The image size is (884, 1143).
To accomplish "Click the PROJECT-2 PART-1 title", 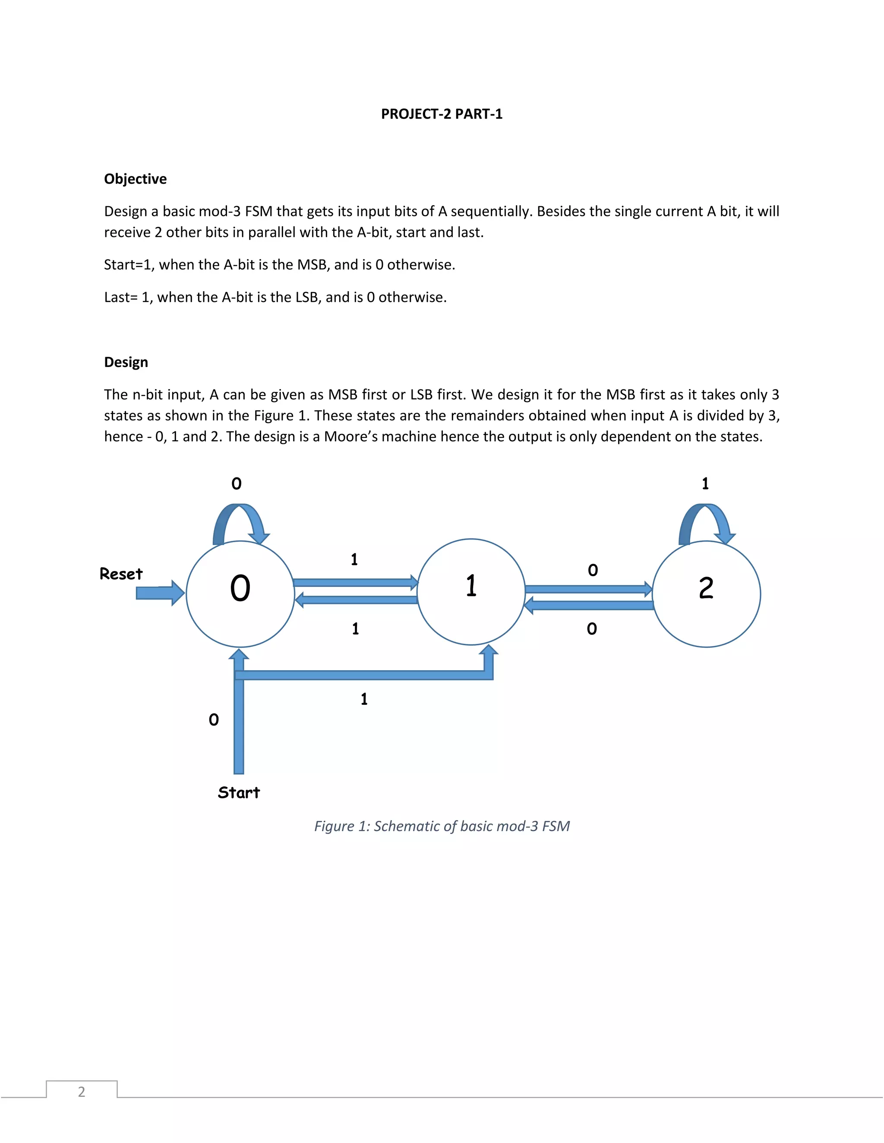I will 442,114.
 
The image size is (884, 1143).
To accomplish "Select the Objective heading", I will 135,179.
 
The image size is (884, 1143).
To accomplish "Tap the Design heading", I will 126,362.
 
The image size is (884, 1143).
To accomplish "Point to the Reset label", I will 121,574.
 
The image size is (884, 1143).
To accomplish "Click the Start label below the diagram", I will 239,792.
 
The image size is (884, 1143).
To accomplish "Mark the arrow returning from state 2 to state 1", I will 589,606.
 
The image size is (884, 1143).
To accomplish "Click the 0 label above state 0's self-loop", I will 237,484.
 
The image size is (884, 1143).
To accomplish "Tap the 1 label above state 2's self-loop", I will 705,484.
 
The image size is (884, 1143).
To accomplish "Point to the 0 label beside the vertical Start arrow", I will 214,719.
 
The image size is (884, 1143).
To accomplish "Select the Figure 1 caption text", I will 442,826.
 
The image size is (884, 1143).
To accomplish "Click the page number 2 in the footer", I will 82,1092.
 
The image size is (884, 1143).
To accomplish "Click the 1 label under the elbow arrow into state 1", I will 364,699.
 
